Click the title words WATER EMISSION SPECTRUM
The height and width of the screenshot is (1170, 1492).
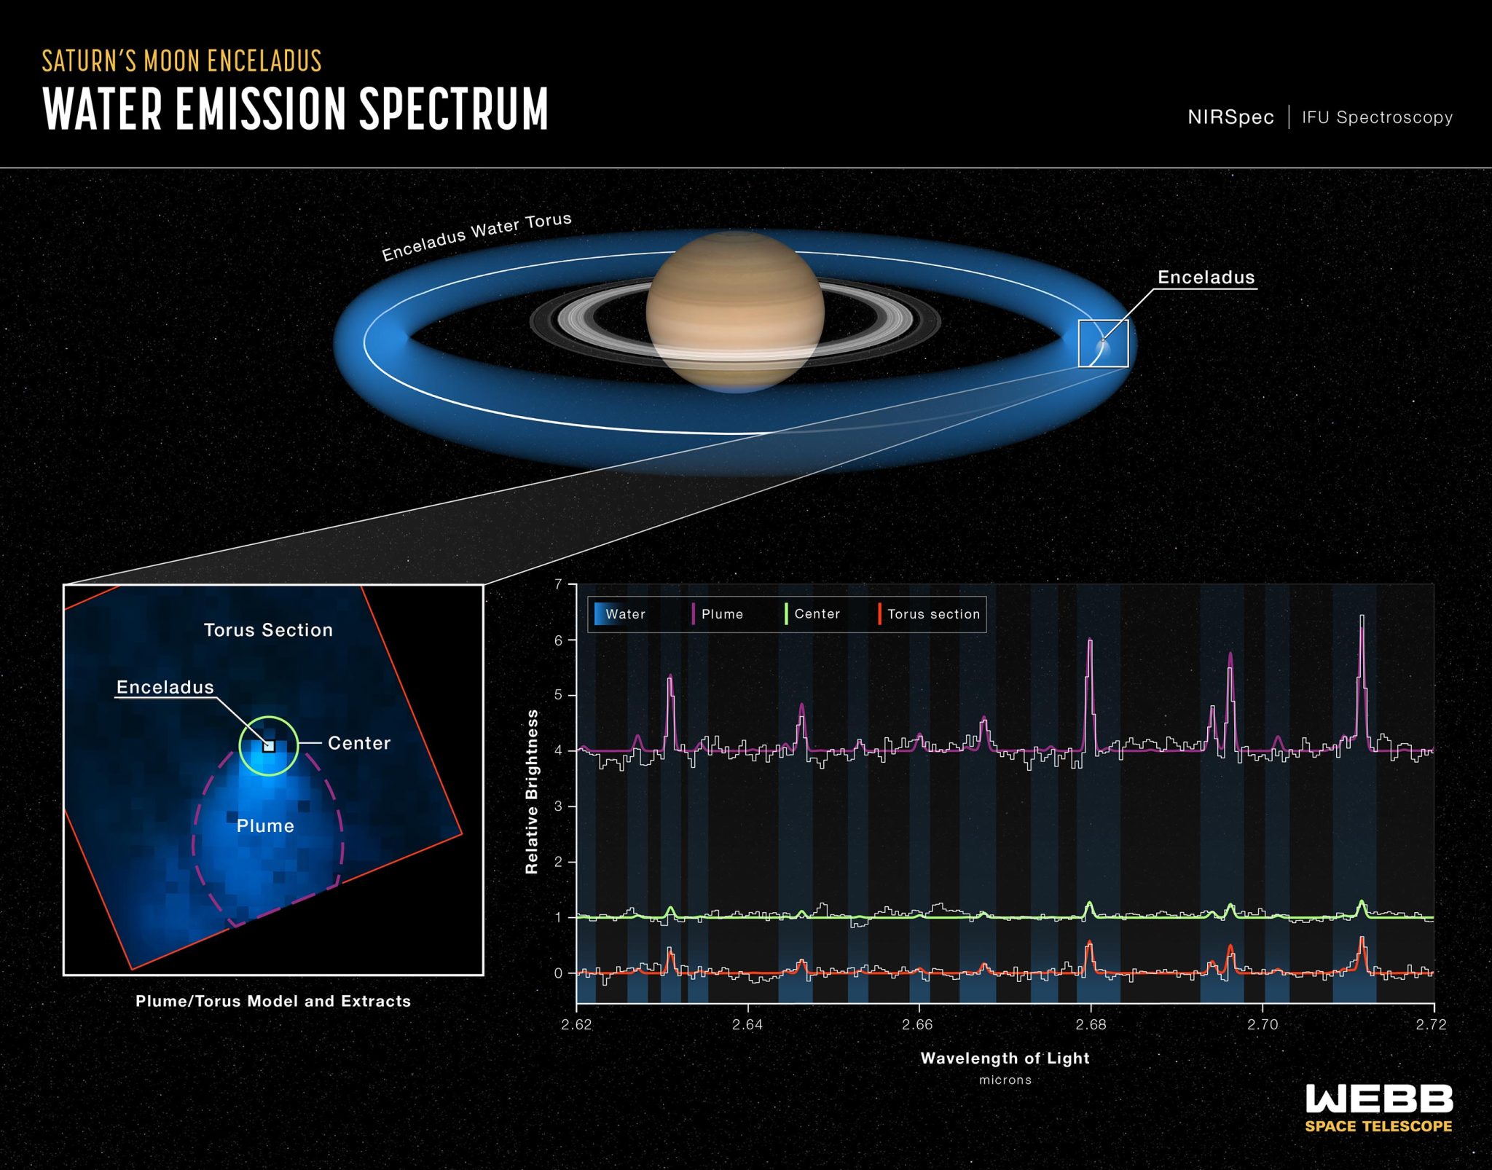click(x=295, y=109)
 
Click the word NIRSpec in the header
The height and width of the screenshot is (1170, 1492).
click(x=1230, y=117)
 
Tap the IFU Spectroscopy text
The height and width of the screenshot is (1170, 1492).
click(x=1377, y=117)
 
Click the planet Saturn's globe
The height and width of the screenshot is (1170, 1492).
click(x=735, y=310)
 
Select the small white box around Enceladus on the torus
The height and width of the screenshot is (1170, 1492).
click(x=1103, y=343)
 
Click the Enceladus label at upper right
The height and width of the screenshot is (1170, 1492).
click(x=1206, y=278)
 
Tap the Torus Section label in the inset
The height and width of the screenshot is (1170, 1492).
click(x=268, y=630)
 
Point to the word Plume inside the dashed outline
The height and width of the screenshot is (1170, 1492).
click(x=265, y=826)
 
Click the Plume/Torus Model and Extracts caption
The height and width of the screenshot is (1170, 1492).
click(x=273, y=1001)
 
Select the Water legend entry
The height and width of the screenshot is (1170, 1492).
click(x=620, y=614)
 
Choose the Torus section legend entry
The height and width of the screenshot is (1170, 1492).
click(x=930, y=614)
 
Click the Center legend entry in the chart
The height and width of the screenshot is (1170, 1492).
click(x=813, y=614)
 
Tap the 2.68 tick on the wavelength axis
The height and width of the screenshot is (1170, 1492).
click(x=1091, y=1024)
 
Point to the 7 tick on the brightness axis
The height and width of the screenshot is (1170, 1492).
click(x=558, y=584)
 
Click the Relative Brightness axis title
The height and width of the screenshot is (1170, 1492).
click(x=532, y=791)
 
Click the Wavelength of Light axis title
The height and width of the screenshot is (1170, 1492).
click(x=1005, y=1058)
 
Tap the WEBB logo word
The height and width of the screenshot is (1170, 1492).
click(x=1378, y=1099)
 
